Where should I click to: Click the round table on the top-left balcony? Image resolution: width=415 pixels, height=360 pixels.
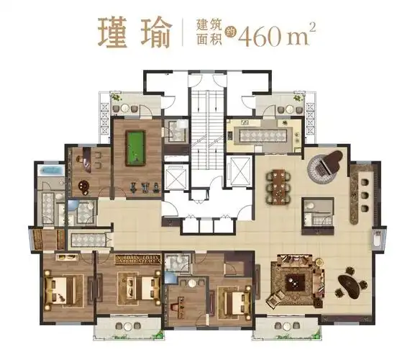(127, 107)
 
